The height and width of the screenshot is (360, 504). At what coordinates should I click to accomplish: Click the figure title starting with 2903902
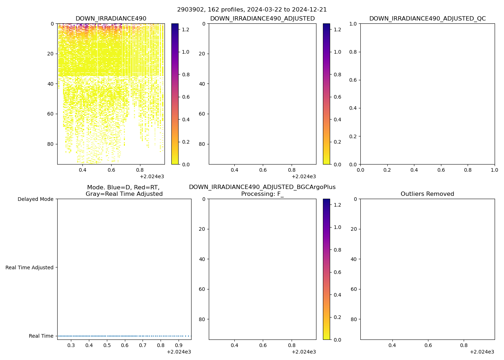tap(252, 10)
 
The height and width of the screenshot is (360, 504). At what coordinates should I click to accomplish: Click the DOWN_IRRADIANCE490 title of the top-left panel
tap(111, 19)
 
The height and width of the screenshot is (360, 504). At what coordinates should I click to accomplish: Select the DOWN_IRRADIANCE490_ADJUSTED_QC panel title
tap(427, 19)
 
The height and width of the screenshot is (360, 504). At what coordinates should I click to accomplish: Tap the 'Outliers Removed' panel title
tap(427, 194)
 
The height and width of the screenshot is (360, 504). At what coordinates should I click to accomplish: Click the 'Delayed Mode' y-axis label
tap(35, 199)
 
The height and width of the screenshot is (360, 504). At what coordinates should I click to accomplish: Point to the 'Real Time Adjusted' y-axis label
tap(30, 267)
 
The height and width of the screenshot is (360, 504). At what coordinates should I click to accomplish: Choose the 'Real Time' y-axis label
tap(41, 336)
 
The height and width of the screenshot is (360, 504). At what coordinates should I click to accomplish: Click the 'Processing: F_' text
tap(262, 194)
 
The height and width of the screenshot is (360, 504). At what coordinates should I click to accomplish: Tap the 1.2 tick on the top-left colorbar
tap(185, 29)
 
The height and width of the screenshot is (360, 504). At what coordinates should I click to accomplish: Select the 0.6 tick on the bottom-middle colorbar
tap(337, 272)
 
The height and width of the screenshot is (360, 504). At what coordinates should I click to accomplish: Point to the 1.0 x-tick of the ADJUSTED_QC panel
tap(495, 170)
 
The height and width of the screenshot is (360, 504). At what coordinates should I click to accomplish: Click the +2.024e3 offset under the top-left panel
tap(152, 176)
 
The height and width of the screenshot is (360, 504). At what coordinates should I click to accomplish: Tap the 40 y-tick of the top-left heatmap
tap(51, 84)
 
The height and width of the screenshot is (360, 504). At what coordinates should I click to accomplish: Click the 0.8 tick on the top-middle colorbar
tap(337, 75)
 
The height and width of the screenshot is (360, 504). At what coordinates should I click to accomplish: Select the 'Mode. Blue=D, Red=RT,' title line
tap(123, 188)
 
